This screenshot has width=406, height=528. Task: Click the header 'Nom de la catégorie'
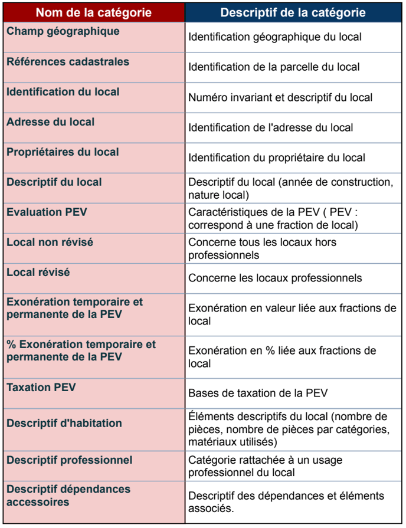pos(94,12)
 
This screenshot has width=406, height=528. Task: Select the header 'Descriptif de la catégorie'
pos(293,12)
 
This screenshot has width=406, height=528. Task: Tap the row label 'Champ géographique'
pos(63,31)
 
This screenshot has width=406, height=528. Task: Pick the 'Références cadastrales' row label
pos(68,61)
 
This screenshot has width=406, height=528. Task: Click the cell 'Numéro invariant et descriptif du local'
pos(280,97)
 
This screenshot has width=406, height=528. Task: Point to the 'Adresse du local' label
pos(50,122)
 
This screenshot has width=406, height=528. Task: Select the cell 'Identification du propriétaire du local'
pos(277,158)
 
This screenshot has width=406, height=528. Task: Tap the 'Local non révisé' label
pos(50,242)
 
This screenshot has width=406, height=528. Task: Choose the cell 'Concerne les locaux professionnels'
pos(275,278)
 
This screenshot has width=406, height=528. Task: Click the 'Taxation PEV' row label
pos(41,388)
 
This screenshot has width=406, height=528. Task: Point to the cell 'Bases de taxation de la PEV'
pos(258,393)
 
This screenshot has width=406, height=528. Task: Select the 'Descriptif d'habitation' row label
pos(64,423)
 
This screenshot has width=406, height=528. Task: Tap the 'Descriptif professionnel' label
pos(70,460)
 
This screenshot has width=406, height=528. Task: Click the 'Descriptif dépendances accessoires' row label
pos(68,496)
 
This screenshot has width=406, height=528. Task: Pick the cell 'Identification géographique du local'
pos(275,37)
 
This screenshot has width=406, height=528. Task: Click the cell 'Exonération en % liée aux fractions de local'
pos(282,357)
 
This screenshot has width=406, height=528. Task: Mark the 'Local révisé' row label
pos(38,272)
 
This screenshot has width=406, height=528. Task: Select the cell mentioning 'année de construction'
pos(290,188)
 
